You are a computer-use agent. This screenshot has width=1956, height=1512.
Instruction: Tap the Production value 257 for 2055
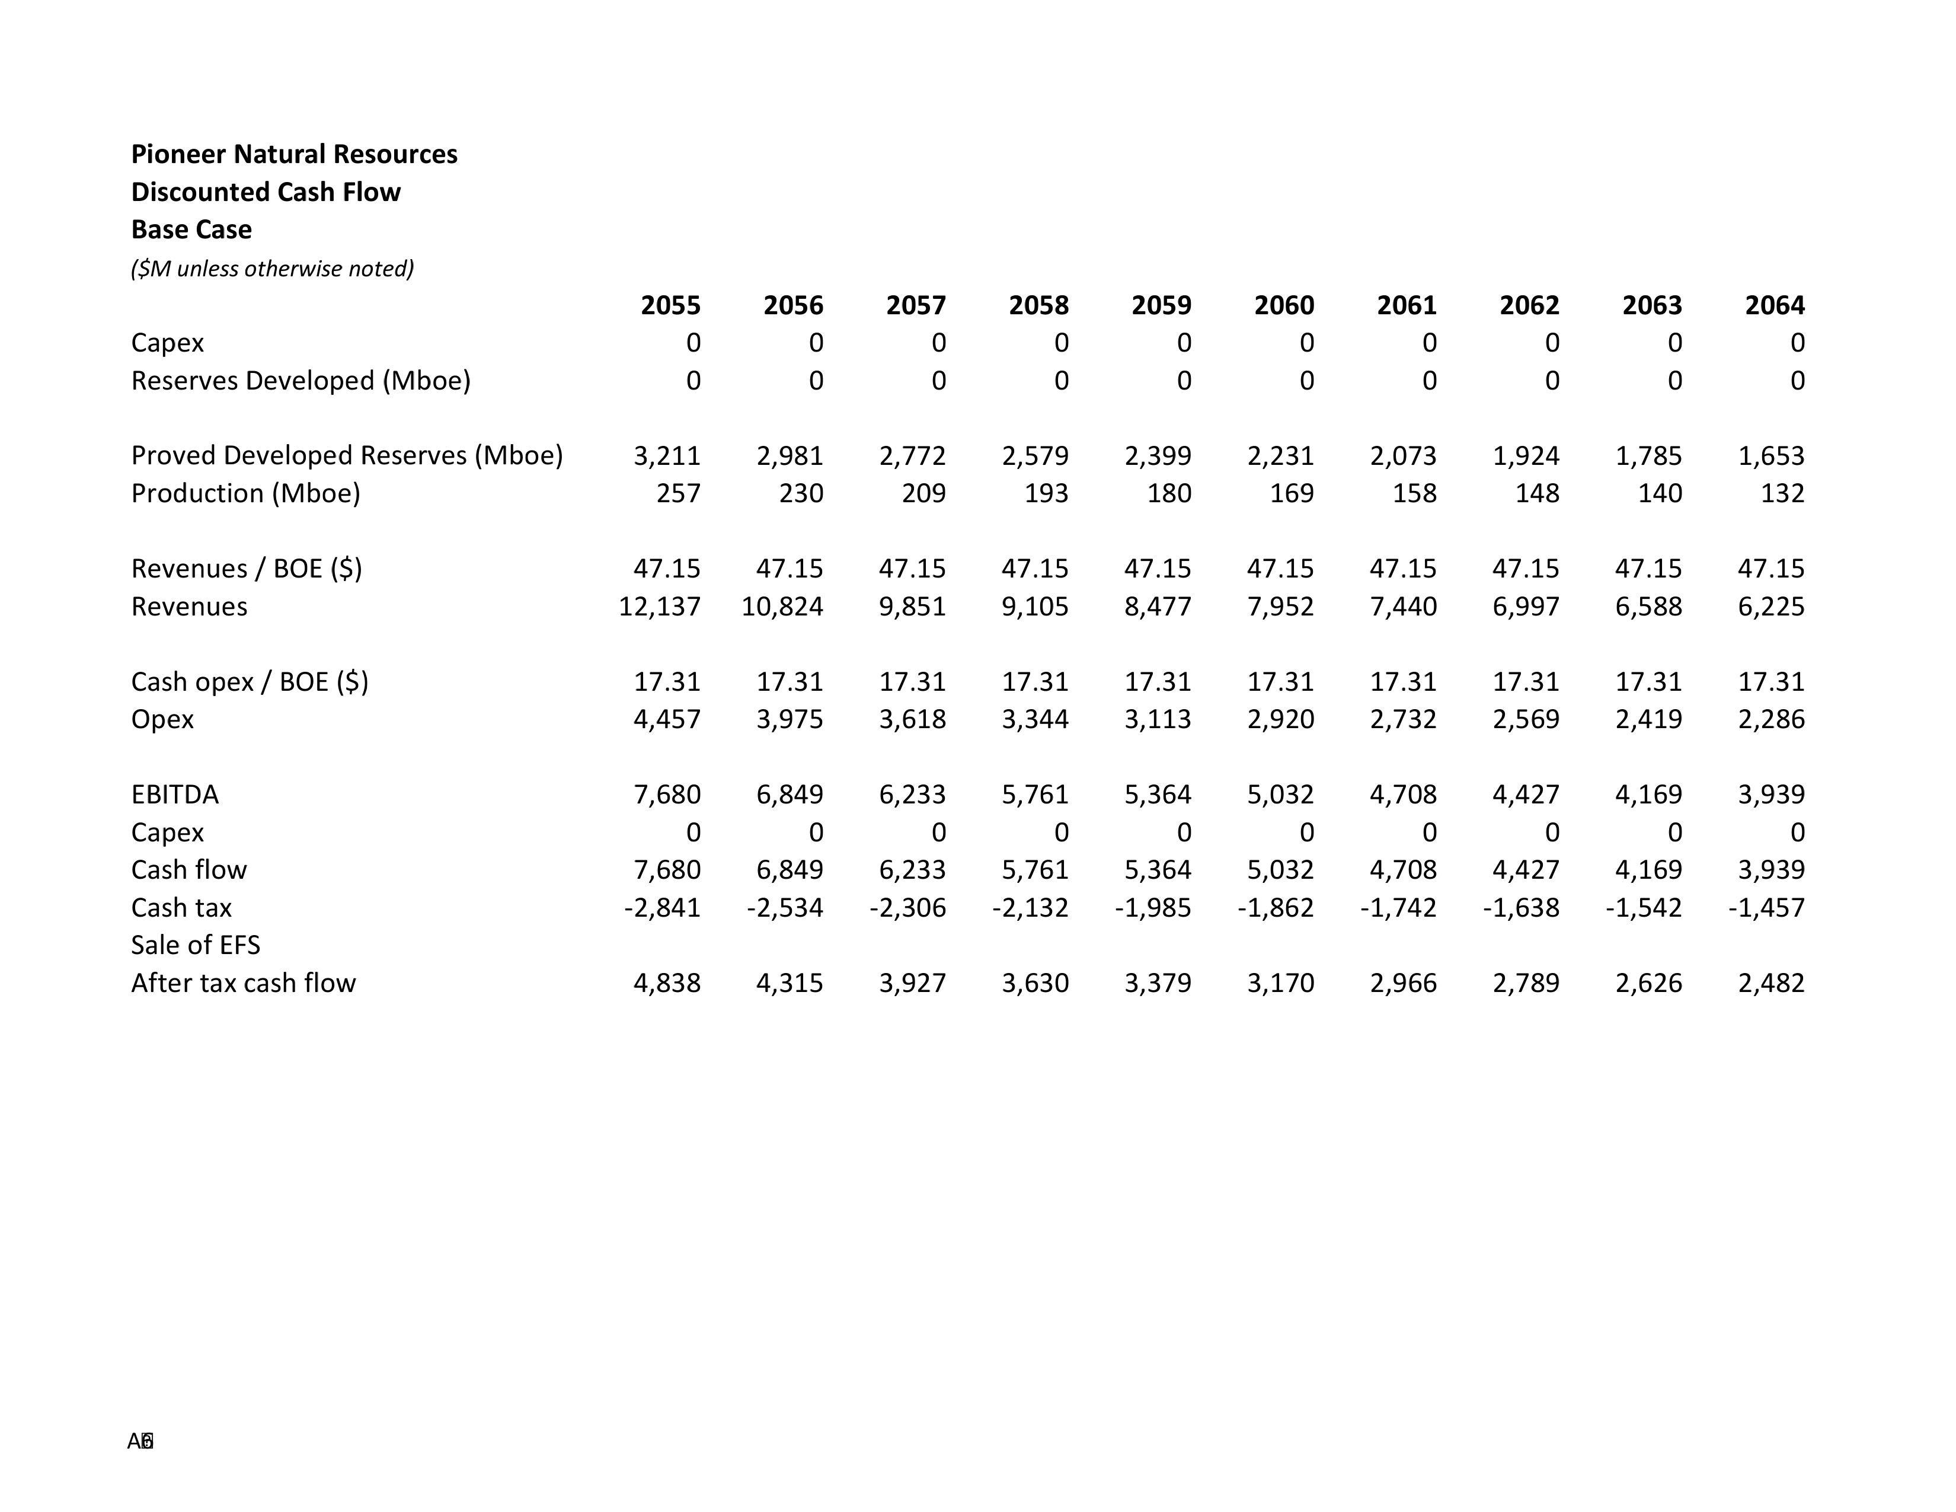pyautogui.click(x=678, y=493)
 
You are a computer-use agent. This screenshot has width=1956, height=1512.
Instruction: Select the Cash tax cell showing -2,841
pyautogui.click(x=662, y=907)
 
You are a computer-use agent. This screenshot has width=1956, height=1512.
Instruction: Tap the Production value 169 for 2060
pyautogui.click(x=1292, y=493)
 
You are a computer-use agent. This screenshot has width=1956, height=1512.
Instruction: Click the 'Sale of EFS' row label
pyautogui.click(x=195, y=945)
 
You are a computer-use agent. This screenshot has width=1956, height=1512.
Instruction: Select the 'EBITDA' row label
pyautogui.click(x=175, y=795)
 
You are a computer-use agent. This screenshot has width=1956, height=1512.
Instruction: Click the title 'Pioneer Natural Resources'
pyautogui.click(x=294, y=154)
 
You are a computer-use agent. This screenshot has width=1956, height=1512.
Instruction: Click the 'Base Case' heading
pyautogui.click(x=191, y=229)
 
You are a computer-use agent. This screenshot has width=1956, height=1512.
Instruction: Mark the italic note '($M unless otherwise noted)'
pyautogui.click(x=272, y=269)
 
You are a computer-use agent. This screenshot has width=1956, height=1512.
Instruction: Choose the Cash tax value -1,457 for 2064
pyautogui.click(x=1766, y=907)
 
